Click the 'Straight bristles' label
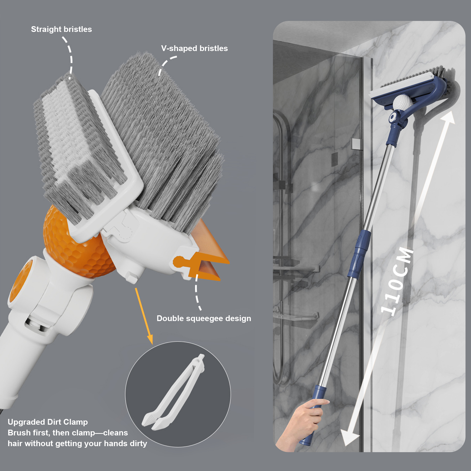pyautogui.click(x=61, y=29)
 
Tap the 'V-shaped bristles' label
pyautogui.click(x=194, y=48)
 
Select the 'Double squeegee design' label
pyautogui.click(x=204, y=318)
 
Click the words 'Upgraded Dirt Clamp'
pyautogui.click(x=48, y=422)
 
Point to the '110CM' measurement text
pyautogui.click(x=397, y=282)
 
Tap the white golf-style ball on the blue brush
pyautogui.click(x=402, y=102)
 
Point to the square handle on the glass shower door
pyautogui.click(x=356, y=144)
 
